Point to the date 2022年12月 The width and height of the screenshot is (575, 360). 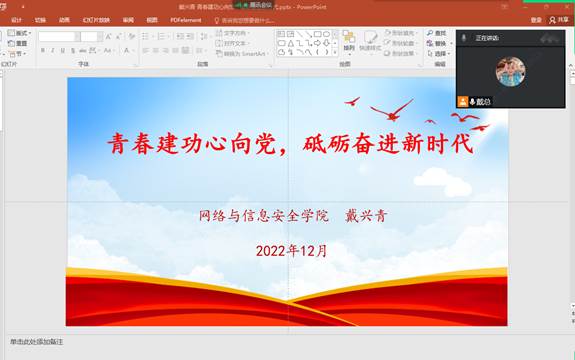[x=291, y=250]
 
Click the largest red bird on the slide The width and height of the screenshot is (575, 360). [x=391, y=109]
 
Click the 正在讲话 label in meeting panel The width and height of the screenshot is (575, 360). [x=487, y=38]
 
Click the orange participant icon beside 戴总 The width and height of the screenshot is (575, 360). [x=463, y=102]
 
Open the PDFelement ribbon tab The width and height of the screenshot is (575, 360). [x=185, y=19]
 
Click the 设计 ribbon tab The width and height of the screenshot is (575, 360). [x=16, y=19]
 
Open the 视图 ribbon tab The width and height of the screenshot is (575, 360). [x=151, y=19]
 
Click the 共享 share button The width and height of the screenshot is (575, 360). [x=561, y=19]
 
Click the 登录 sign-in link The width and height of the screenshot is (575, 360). [x=536, y=19]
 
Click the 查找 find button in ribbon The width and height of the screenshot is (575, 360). [x=440, y=33]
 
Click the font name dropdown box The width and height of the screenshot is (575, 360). [x=57, y=37]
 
